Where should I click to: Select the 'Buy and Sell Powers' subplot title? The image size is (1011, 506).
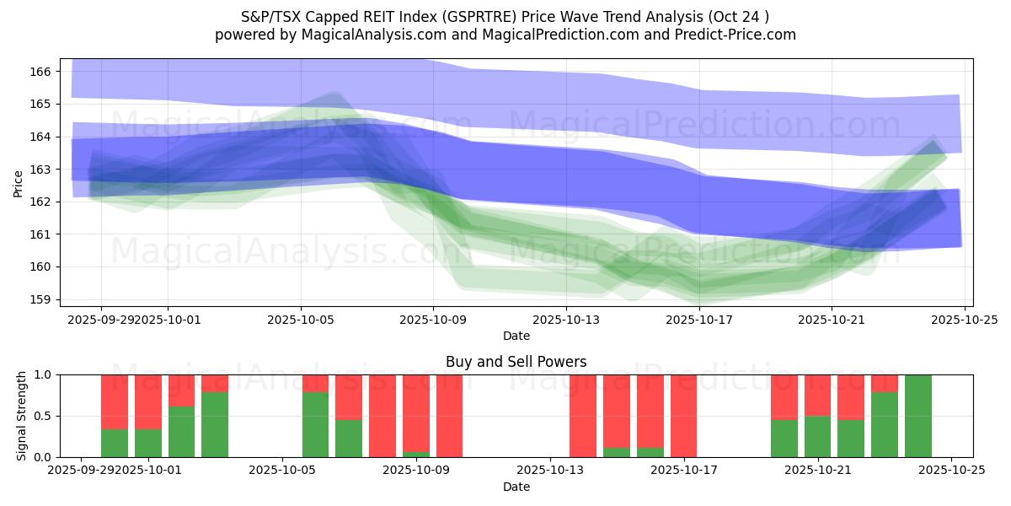[516, 362]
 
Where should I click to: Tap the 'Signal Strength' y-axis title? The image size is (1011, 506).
[23, 416]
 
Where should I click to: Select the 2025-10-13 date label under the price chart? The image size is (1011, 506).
[566, 320]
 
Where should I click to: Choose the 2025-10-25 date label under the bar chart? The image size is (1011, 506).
[951, 471]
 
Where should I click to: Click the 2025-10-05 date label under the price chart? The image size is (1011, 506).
[301, 320]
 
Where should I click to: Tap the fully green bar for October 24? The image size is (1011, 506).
[918, 416]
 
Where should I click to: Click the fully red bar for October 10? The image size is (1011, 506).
[449, 416]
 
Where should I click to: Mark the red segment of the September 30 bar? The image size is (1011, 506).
[115, 401]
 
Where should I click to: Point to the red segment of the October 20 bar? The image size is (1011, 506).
[784, 396]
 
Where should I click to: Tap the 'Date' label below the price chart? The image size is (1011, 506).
[516, 336]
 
